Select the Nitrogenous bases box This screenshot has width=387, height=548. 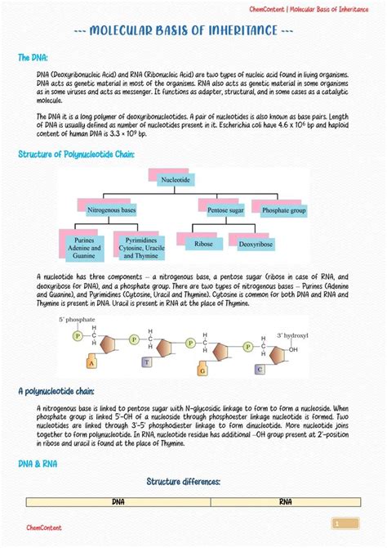(x=111, y=210)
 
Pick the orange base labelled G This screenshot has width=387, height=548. (x=200, y=370)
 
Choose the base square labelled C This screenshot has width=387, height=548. (x=259, y=369)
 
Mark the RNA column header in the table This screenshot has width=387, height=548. (x=286, y=501)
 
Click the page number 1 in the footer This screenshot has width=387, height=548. (x=336, y=523)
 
